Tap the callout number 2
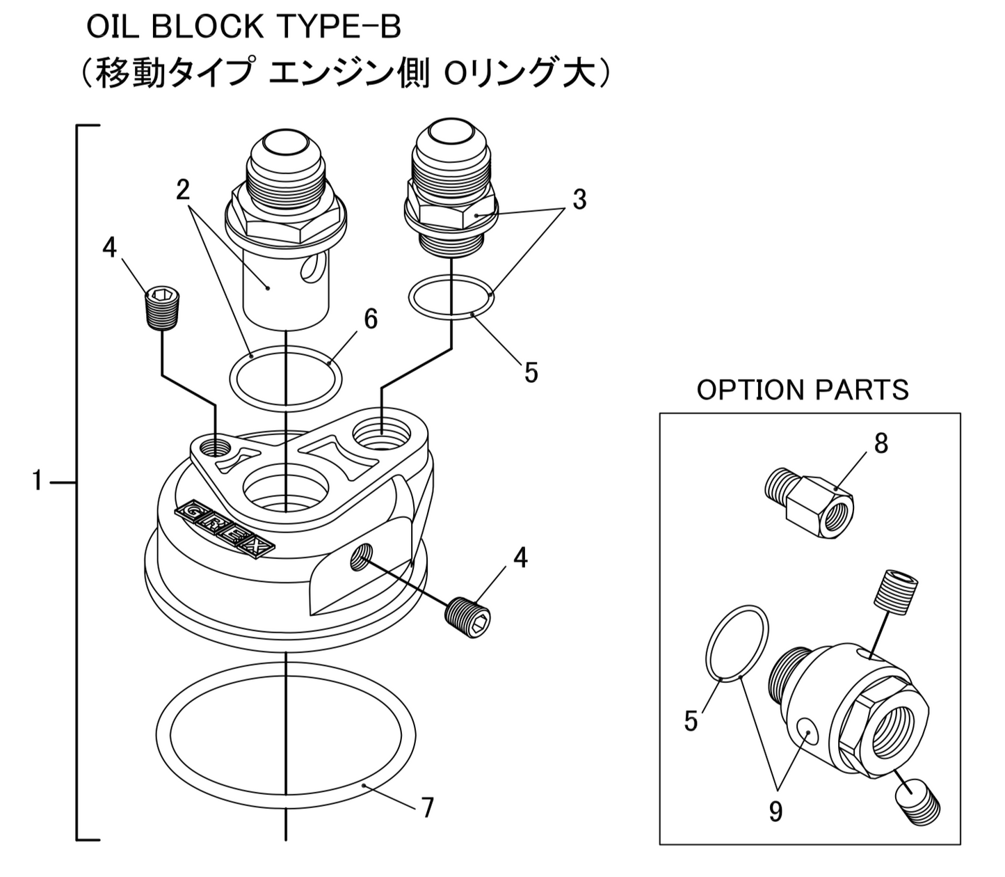point(183,189)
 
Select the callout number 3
point(579,200)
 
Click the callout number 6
point(370,319)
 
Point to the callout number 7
point(427,808)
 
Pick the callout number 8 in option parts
point(881,443)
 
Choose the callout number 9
point(775,811)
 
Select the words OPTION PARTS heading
point(803,390)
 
